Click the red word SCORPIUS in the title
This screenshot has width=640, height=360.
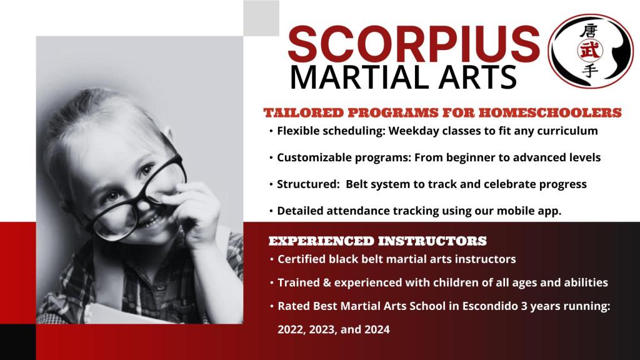coord(414,44)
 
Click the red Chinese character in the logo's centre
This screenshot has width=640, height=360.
coord(590,50)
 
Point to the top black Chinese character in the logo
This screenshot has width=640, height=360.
coord(589,31)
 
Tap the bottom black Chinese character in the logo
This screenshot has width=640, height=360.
coord(590,70)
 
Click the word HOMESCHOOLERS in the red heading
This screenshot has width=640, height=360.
coord(550,112)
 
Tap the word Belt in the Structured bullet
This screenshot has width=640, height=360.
coord(356,184)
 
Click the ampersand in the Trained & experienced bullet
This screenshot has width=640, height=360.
coord(326,282)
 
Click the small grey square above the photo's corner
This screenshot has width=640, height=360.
coord(261,18)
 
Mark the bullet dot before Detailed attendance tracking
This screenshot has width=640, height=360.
coord(271,211)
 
